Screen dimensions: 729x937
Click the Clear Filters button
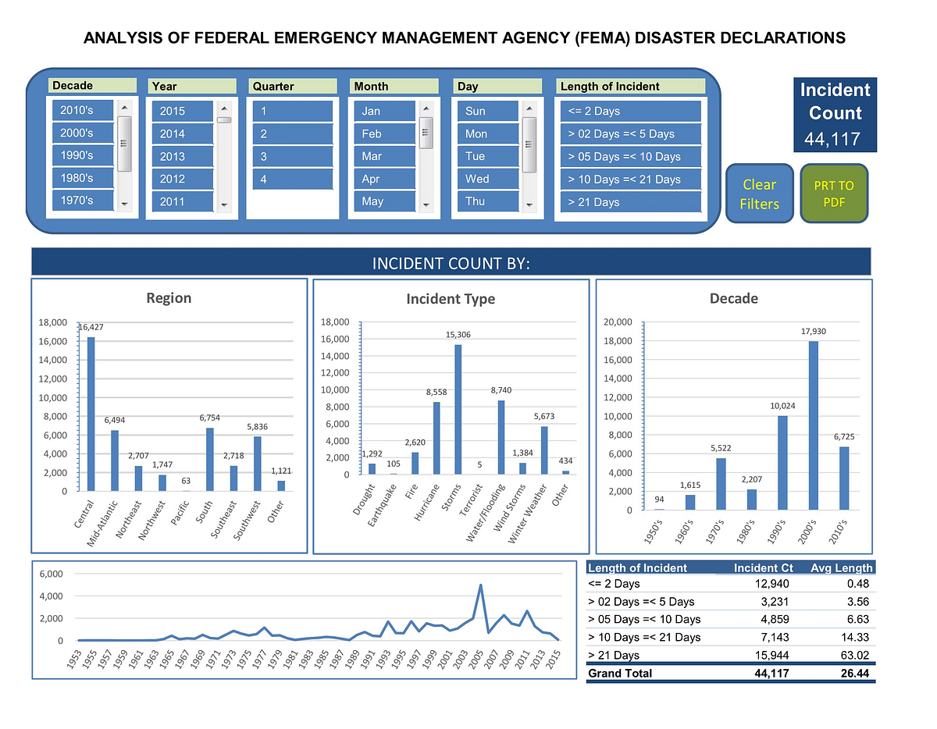760,194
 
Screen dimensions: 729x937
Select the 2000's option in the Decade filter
83,133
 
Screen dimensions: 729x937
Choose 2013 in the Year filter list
182,156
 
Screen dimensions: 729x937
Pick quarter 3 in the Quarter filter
292,156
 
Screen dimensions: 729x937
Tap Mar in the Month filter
383,156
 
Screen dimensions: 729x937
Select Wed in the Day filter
487,179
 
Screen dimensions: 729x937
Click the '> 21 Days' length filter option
629,202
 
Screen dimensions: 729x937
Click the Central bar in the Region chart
91,414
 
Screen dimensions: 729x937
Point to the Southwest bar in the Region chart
257,464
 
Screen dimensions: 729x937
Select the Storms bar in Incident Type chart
458,409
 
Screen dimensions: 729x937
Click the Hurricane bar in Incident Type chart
436,438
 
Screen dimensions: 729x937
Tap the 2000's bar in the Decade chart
813,425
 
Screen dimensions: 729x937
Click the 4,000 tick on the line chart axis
51,596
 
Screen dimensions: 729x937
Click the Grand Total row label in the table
619,673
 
